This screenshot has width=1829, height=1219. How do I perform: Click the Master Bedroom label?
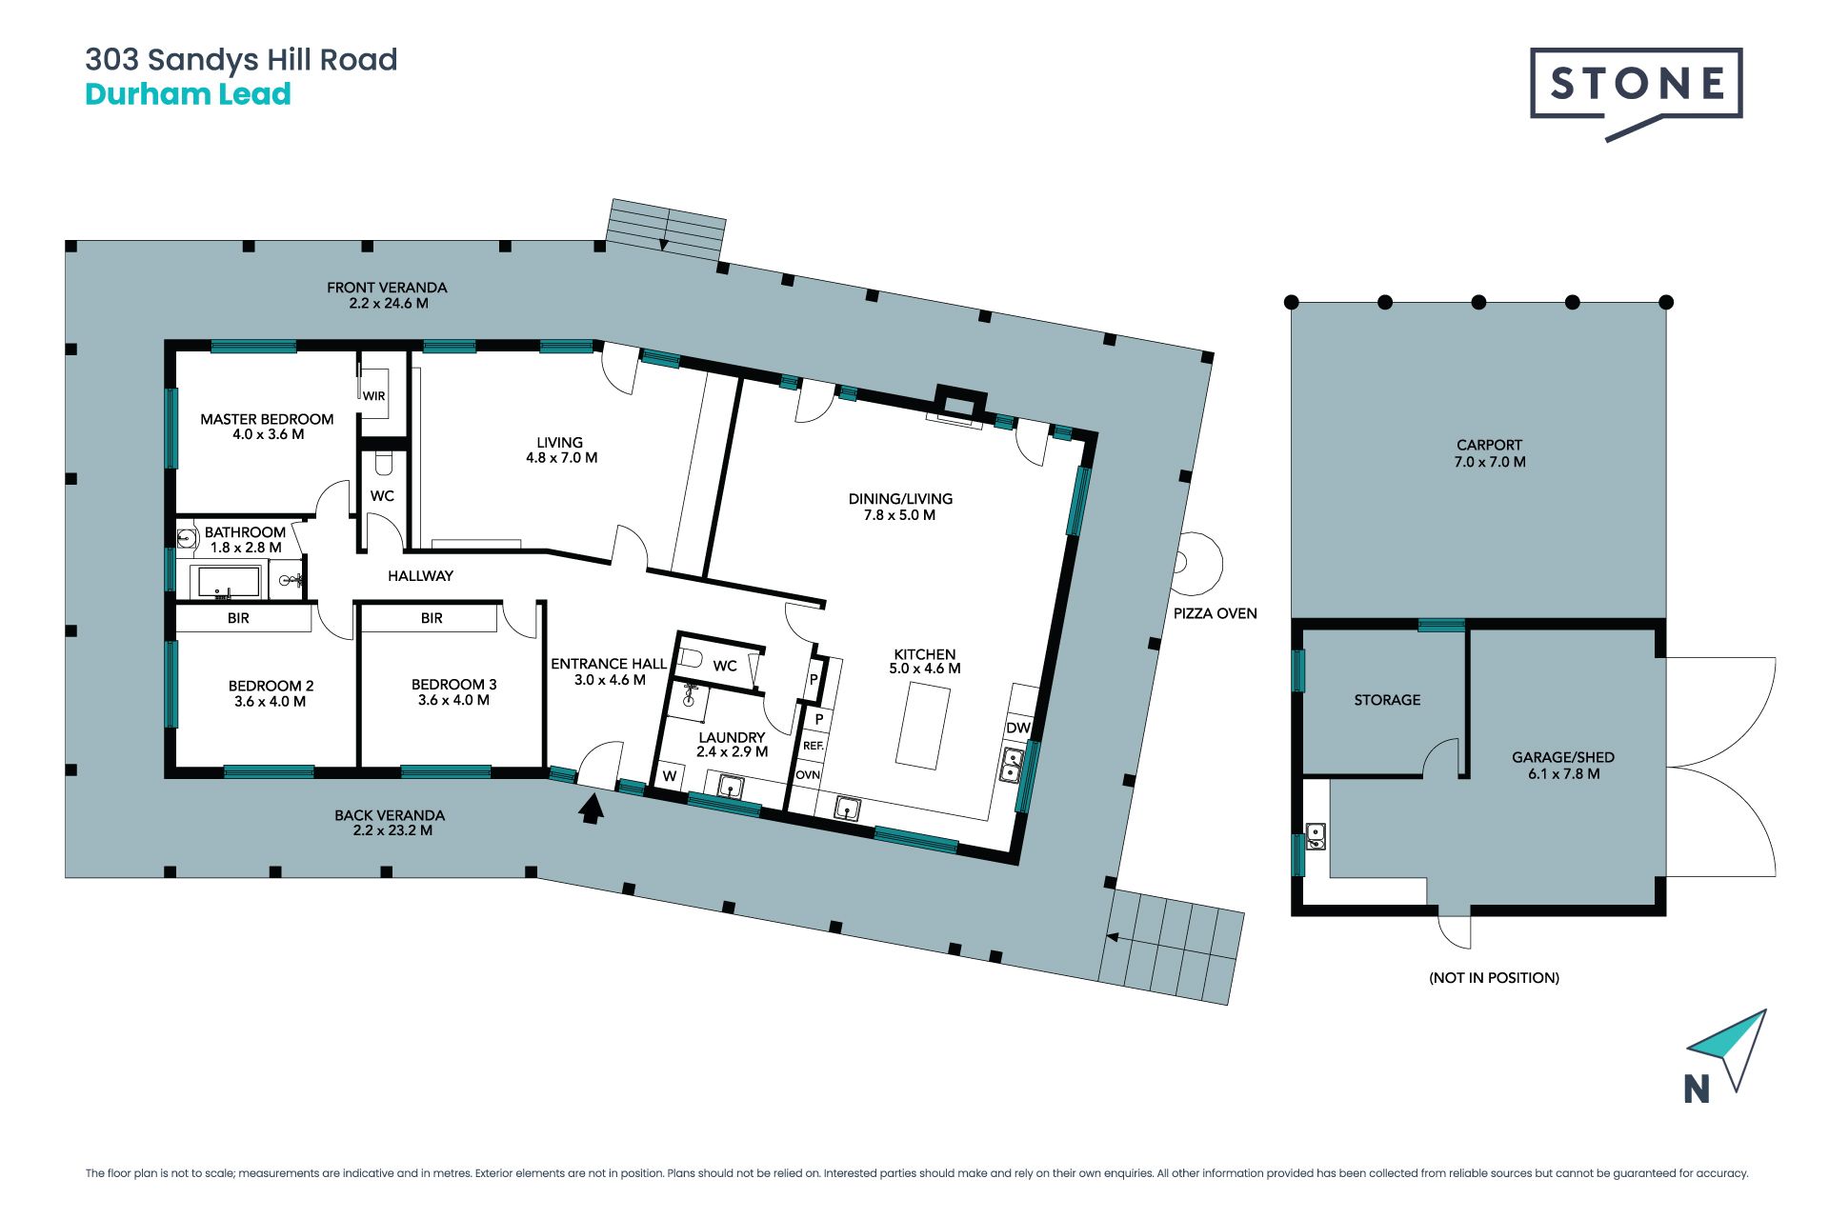pyautogui.click(x=267, y=427)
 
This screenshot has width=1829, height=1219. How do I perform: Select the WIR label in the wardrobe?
pyautogui.click(x=373, y=396)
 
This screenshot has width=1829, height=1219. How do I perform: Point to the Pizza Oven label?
pyautogui.click(x=1215, y=613)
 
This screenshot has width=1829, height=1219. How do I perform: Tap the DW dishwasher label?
pyautogui.click(x=1018, y=728)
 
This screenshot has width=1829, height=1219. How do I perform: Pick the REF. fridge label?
pyautogui.click(x=813, y=746)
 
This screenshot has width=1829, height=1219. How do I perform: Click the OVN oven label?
pyautogui.click(x=808, y=775)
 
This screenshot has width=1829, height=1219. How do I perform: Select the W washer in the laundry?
pyautogui.click(x=670, y=776)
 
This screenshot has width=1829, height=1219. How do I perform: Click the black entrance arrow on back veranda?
pyautogui.click(x=592, y=809)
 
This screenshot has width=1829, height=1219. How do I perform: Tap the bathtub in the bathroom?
pyautogui.click(x=228, y=582)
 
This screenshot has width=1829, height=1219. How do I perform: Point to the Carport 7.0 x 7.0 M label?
pyautogui.click(x=1490, y=453)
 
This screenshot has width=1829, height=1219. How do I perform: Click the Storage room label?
pyautogui.click(x=1387, y=700)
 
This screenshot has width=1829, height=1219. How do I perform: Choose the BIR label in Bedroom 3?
pyautogui.click(x=432, y=618)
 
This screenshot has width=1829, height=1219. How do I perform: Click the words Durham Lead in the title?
pyautogui.click(x=188, y=94)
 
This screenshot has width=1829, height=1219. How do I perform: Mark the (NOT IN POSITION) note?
pyautogui.click(x=1494, y=978)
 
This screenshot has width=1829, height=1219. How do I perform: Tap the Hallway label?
pyautogui.click(x=420, y=576)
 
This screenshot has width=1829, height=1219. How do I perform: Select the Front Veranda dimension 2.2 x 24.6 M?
pyautogui.click(x=389, y=304)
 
